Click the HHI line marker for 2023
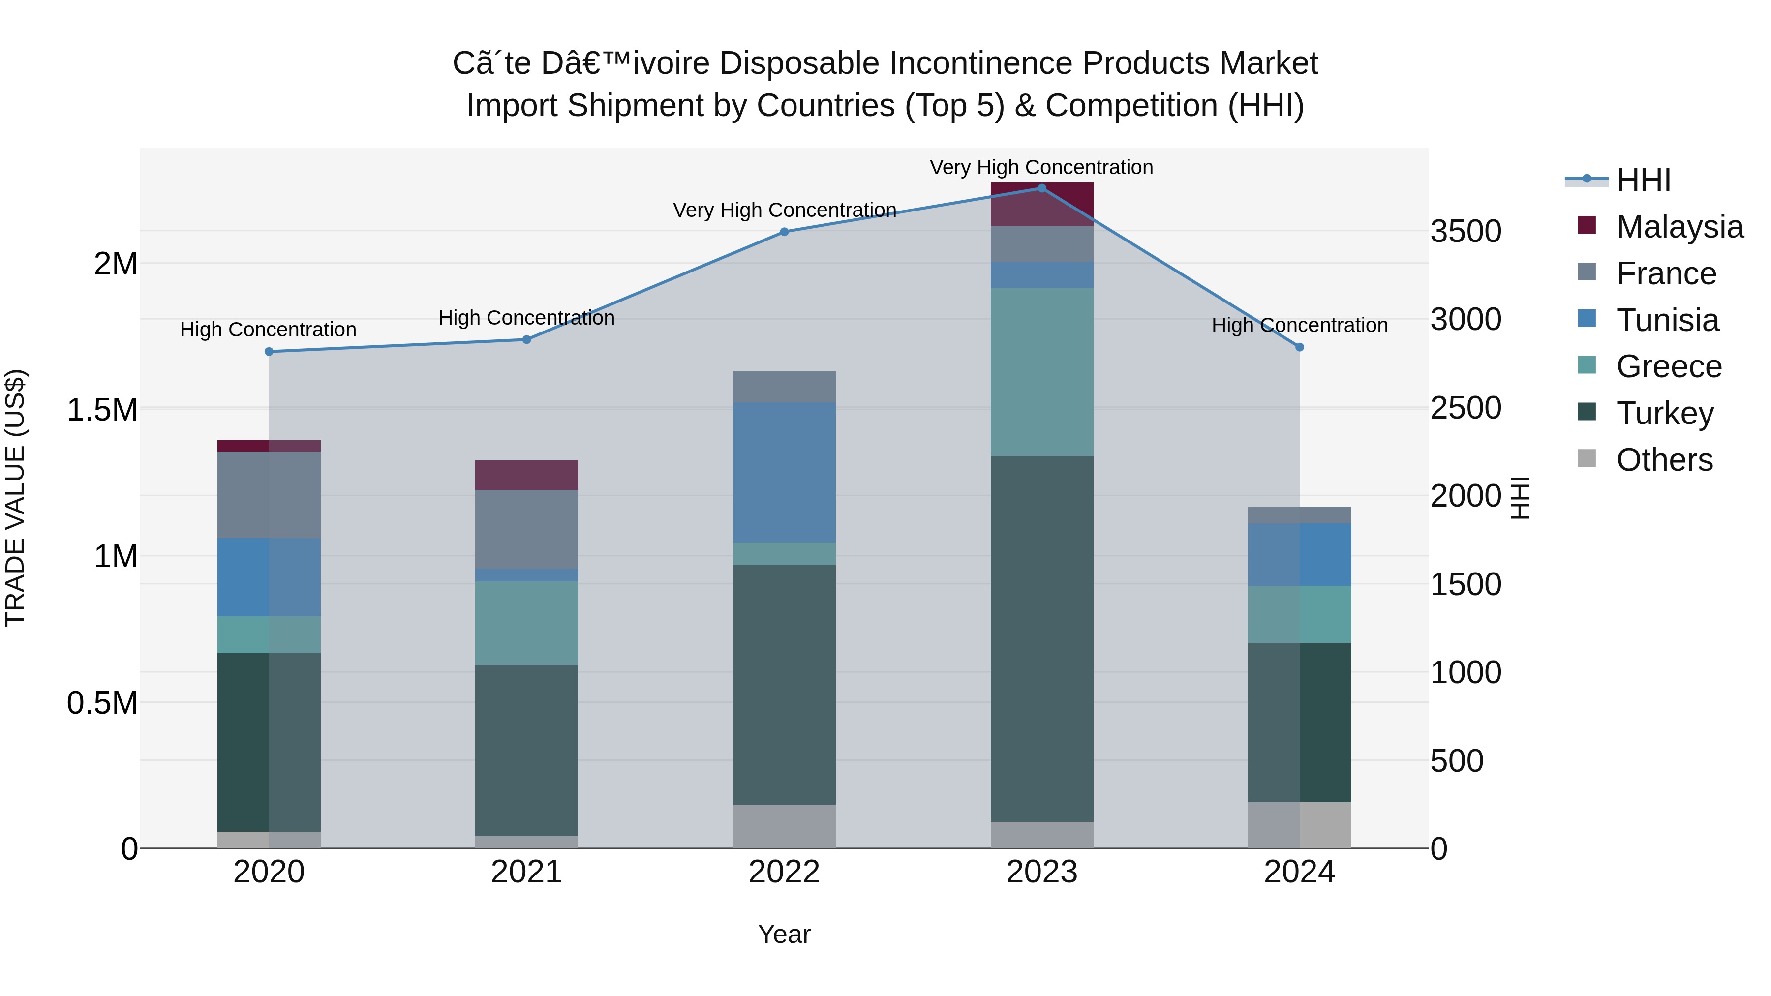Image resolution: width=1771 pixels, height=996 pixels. pos(1041,188)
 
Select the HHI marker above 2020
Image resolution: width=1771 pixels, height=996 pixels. pos(269,351)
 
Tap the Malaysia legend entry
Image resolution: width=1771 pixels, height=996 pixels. pos(1679,227)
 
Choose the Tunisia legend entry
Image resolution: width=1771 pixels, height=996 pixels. pos(1667,320)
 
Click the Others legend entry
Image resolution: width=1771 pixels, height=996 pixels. pos(1664,460)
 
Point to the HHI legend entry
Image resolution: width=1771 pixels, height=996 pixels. pos(1643,180)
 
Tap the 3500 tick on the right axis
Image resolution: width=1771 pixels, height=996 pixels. pos(1466,231)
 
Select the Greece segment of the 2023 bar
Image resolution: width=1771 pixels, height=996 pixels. pos(1041,372)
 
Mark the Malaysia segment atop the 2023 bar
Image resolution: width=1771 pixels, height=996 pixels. pos(1041,204)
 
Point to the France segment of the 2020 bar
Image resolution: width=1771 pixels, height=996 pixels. pos(269,494)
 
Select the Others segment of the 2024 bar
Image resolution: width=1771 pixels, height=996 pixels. pos(1299,824)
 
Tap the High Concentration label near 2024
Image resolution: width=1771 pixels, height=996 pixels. pos(1299,325)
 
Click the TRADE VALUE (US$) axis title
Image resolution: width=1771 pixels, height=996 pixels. pos(15,498)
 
